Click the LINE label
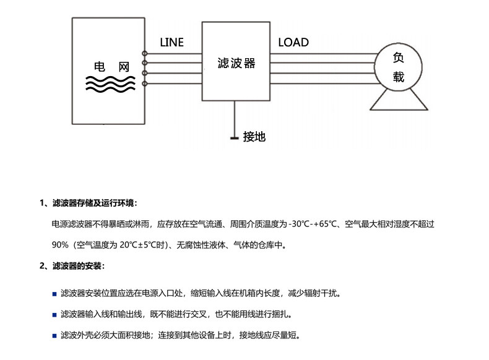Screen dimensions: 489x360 coord(171,43)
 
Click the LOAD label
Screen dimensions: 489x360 coord(293,43)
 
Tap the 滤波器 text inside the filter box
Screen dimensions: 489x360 coord(236,63)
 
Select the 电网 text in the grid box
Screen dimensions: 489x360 coord(111,67)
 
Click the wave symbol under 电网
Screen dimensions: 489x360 coord(110,84)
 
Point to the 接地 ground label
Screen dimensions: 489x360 coord(254,137)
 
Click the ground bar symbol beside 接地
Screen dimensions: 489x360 coord(235,138)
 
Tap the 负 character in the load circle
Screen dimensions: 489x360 coord(398,58)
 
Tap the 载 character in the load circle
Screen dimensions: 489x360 coord(398,77)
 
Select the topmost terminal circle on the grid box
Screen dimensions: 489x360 coord(144,54)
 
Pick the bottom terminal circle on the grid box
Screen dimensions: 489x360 coord(144,84)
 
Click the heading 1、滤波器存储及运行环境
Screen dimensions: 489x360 coord(89,204)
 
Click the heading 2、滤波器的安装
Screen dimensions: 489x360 coord(72,266)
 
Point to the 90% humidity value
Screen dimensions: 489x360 coord(60,245)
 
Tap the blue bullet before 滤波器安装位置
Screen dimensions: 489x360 coord(54,294)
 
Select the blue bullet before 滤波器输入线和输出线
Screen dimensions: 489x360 coord(54,315)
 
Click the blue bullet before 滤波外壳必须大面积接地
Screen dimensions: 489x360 coord(54,336)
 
